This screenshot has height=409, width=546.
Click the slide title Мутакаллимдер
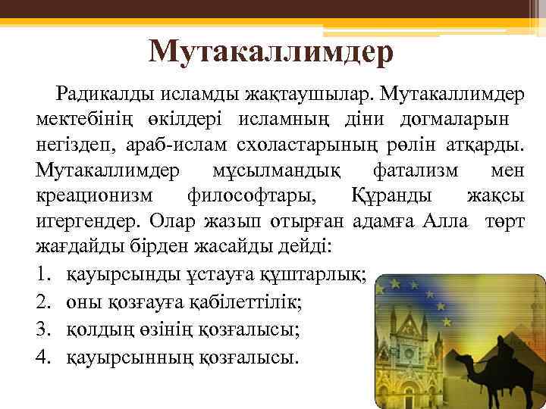(x=271, y=51)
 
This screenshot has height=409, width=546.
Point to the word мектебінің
(x=79, y=119)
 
